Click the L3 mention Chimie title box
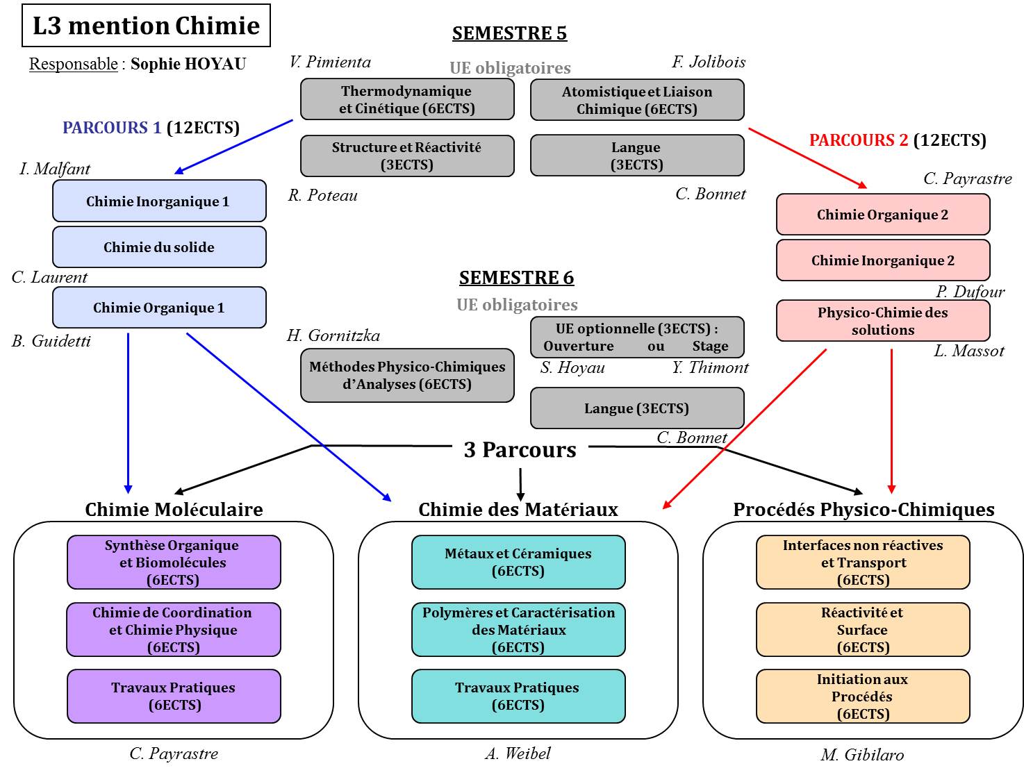pos(146,26)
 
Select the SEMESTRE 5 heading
pos(509,33)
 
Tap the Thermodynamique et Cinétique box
pos(407,99)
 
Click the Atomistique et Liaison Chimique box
pos(637,100)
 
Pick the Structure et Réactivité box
pos(407,156)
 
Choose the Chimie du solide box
pos(159,247)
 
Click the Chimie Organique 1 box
pos(159,308)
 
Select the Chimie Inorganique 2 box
pos(883,260)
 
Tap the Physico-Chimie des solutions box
pos(883,321)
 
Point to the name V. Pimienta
pos(330,62)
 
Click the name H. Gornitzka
pos(333,336)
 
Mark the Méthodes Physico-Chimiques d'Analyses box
pos(407,376)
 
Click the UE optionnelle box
pos(637,337)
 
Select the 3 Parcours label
pos(520,450)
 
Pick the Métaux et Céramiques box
pos(518,562)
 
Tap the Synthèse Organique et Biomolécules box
pos(174,562)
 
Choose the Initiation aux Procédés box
pos(863,697)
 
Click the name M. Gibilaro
pos(862,755)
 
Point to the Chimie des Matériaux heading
pos(518,510)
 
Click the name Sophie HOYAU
pos(188,65)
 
